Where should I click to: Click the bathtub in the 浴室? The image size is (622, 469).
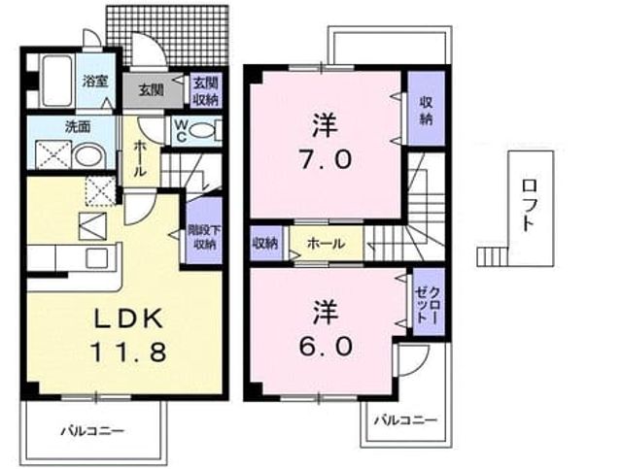point(58,81)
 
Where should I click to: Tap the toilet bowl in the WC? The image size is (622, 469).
point(202,130)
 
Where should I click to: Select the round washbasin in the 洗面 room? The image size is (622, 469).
point(89,155)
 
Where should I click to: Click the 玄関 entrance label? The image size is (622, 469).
point(152,90)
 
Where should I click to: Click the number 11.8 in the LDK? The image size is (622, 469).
point(128,352)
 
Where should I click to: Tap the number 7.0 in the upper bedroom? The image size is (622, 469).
point(326,160)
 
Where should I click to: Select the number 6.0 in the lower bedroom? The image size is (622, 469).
point(326,346)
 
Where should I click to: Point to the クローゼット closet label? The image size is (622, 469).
point(428,303)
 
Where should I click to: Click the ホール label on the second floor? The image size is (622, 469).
point(327,244)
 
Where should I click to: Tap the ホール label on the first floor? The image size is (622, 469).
point(140,158)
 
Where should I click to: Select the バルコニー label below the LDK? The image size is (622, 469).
point(93,430)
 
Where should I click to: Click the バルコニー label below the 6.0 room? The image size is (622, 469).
point(406,419)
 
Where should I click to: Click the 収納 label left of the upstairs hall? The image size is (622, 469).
point(265,243)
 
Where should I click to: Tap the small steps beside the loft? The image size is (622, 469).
point(492,256)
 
